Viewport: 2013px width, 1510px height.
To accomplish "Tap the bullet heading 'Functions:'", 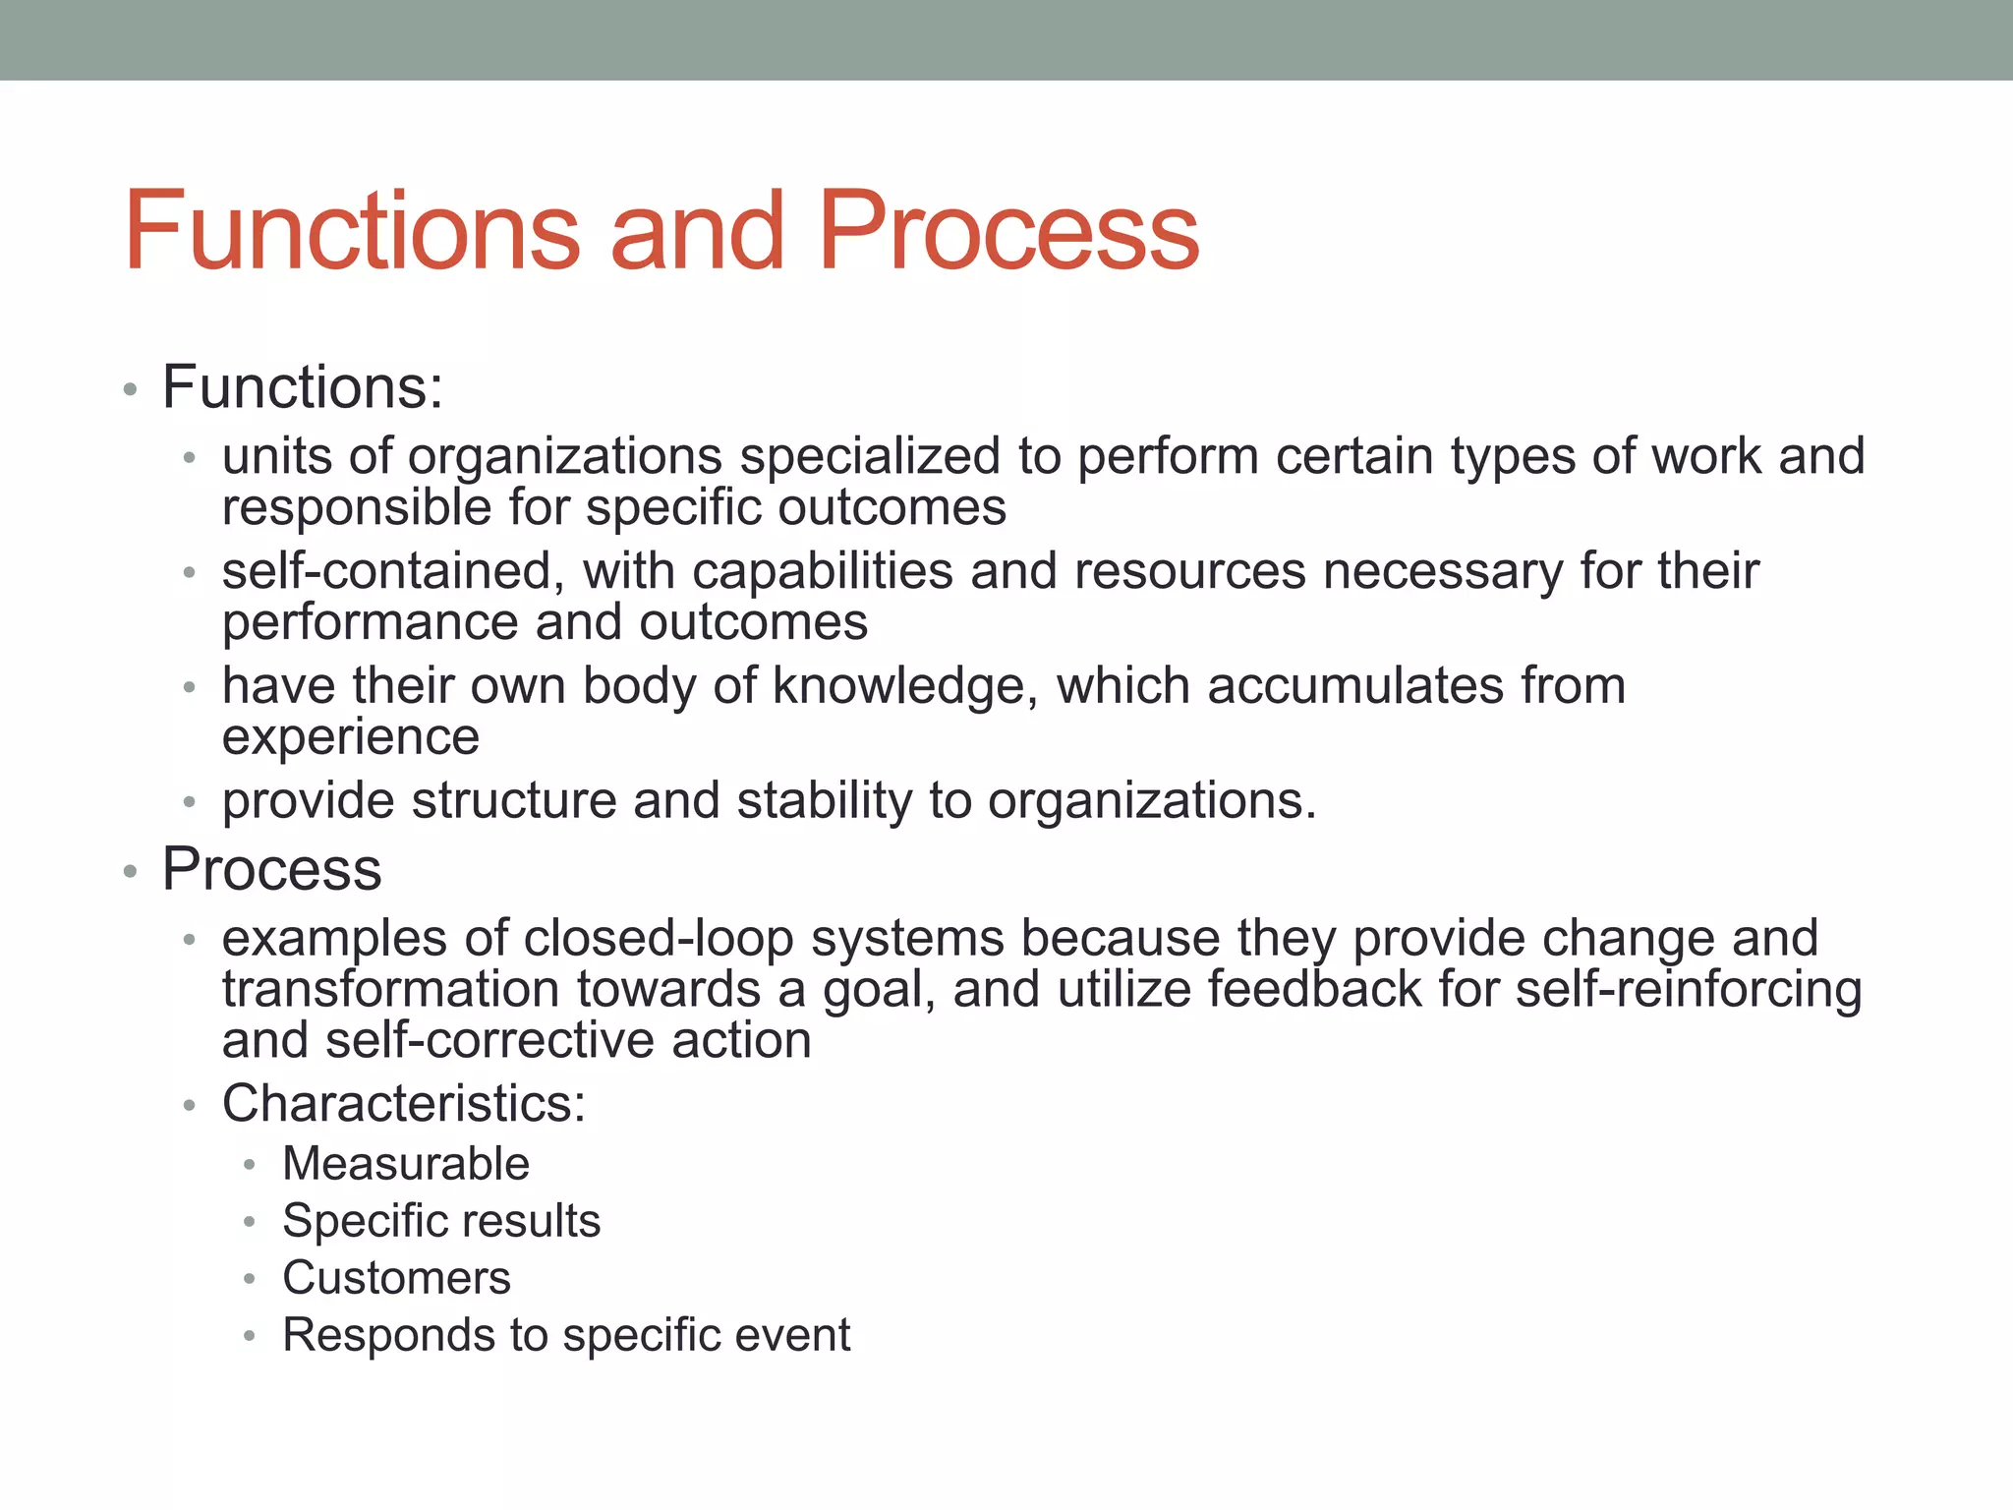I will [303, 387].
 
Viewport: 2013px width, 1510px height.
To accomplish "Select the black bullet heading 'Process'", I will [271, 870].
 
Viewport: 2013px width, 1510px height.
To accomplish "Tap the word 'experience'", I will [351, 737].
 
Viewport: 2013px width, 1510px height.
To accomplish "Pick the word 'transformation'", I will [392, 990].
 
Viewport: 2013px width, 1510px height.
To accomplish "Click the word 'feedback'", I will [1314, 990].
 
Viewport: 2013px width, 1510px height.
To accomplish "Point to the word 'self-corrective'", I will [489, 1041].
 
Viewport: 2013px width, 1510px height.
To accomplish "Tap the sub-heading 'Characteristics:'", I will [404, 1104].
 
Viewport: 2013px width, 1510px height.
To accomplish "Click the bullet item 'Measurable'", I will [406, 1165].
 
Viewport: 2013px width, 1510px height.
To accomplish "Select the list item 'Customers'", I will [396, 1279].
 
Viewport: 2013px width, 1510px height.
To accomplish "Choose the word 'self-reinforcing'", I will [1688, 990].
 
